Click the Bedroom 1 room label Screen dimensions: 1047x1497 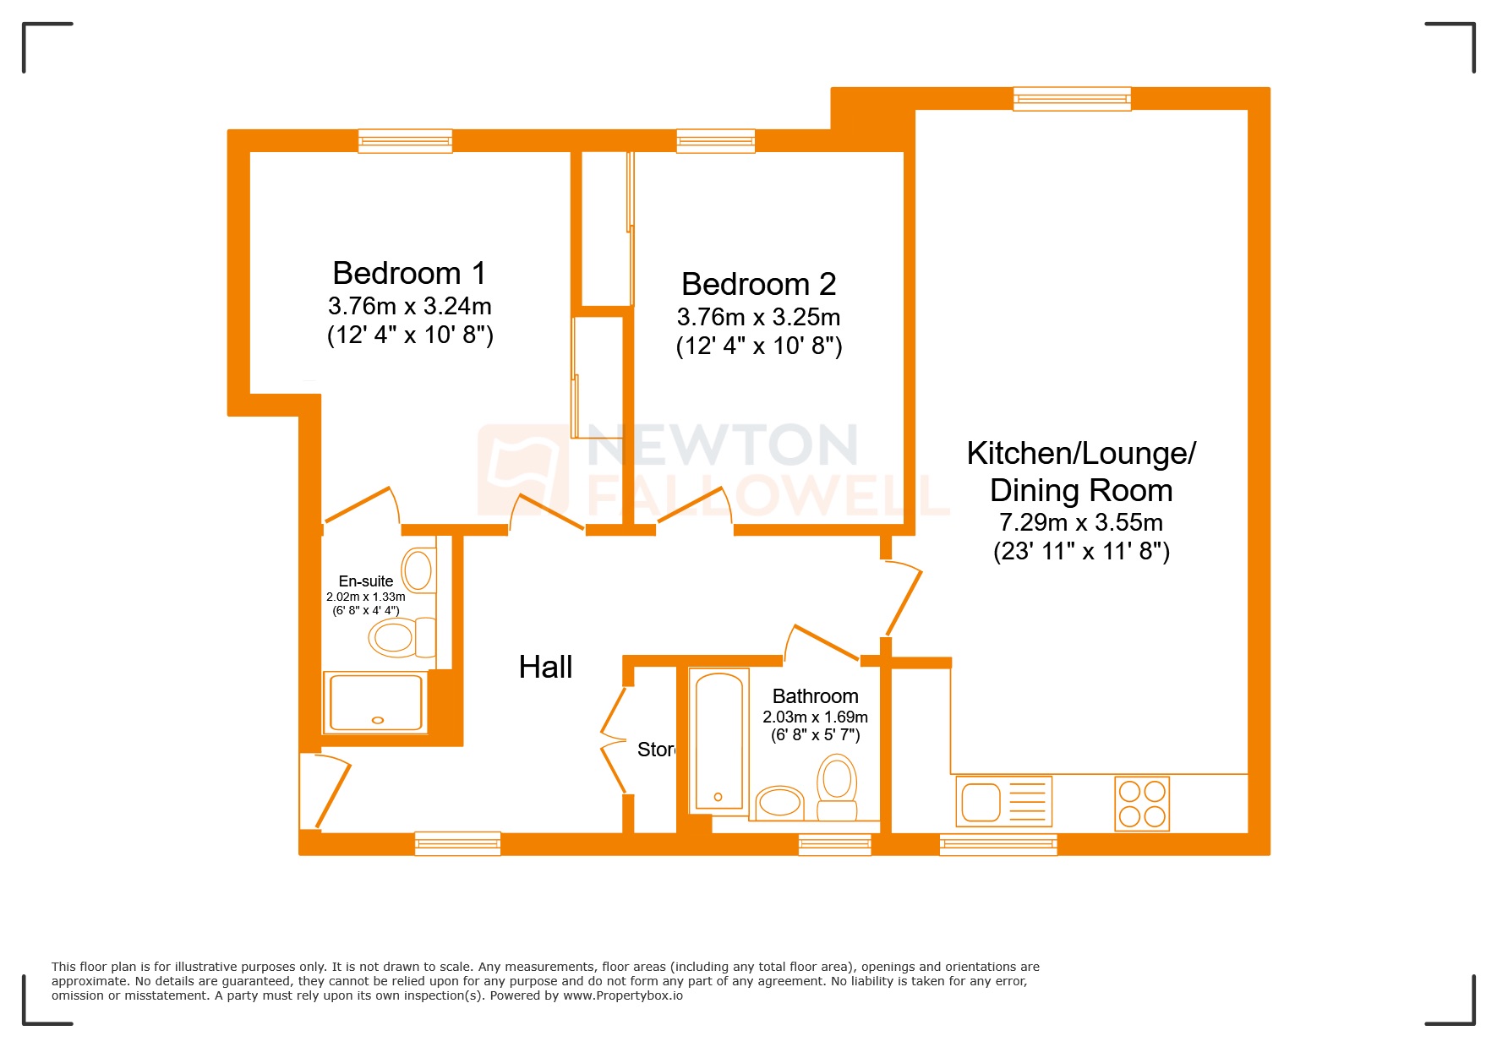[x=409, y=273]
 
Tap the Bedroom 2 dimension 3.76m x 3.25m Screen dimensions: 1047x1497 [x=758, y=317]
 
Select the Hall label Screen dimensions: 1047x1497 [x=545, y=667]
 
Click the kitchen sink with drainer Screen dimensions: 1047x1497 [x=1003, y=801]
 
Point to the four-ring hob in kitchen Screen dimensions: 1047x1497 [x=1141, y=803]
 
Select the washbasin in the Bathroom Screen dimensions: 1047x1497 [x=779, y=801]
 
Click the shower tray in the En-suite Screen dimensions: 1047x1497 [x=375, y=702]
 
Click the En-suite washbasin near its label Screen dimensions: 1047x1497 [x=418, y=570]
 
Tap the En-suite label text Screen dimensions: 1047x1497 [x=365, y=581]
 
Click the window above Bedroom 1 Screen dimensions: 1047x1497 [x=405, y=141]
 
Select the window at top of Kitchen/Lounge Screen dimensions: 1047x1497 [x=1072, y=99]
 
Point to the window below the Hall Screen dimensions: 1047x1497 [x=457, y=843]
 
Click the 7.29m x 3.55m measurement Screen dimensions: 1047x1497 [x=1080, y=522]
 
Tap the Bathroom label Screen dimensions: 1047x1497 [x=815, y=696]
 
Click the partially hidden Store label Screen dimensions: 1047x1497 [x=656, y=750]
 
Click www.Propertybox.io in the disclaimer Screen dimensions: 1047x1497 [x=622, y=995]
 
